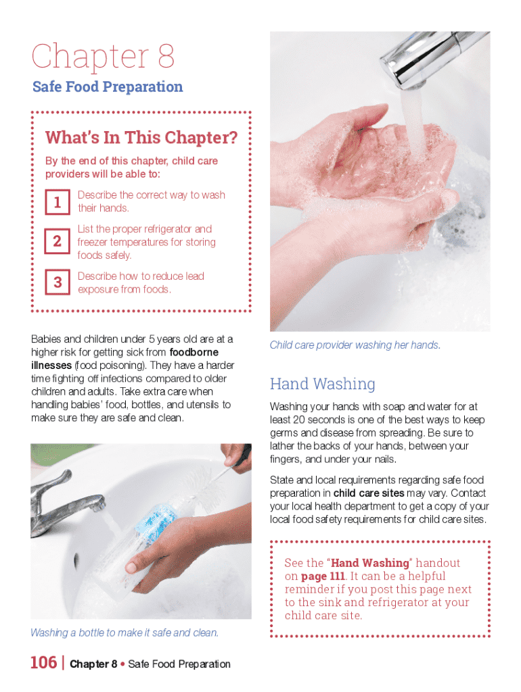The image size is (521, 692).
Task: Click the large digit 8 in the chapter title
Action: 166,56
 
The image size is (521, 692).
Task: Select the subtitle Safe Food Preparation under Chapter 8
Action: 108,86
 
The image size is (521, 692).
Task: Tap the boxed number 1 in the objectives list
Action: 58,202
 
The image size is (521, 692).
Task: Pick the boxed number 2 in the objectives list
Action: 58,241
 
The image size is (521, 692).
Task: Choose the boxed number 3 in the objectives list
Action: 58,282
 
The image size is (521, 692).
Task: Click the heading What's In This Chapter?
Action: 141,138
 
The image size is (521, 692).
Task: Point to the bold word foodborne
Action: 194,352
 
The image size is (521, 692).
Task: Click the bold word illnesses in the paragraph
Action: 51,366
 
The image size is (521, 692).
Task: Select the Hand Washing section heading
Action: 323,384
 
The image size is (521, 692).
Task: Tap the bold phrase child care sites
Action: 369,493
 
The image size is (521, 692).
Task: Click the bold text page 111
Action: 323,576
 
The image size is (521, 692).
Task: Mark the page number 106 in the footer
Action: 44,663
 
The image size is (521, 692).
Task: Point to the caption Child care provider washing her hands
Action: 355,345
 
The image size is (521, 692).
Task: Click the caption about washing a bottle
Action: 124,633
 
